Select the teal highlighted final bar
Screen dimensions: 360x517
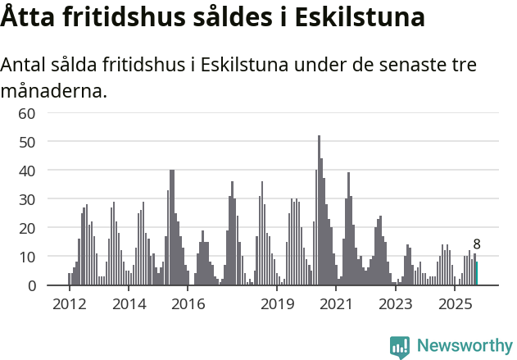coord(477,274)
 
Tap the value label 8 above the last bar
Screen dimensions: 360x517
coord(477,244)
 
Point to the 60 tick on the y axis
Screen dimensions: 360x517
coord(27,113)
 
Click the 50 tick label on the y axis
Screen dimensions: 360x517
coord(27,142)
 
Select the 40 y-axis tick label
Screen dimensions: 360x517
coord(27,171)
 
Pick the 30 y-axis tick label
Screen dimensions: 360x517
coord(27,199)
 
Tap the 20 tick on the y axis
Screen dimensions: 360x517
coord(27,228)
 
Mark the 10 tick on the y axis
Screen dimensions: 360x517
coord(27,257)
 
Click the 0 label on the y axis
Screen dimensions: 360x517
coord(31,285)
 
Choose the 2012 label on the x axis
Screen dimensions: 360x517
coord(69,305)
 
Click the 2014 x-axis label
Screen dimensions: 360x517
coord(129,305)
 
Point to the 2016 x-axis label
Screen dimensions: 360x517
coord(188,305)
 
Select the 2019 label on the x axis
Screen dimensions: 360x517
coord(277,305)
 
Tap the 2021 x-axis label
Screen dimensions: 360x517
coord(336,305)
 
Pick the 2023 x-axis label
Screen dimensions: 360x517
coord(396,305)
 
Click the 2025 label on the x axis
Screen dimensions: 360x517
coord(455,305)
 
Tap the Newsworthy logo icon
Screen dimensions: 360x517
coord(400,346)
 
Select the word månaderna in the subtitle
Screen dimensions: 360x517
coord(53,90)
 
